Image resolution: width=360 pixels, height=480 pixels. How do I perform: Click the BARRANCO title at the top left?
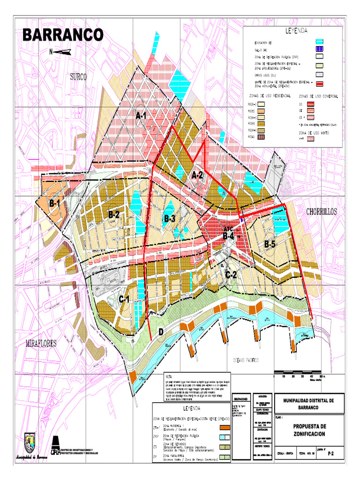[63, 35]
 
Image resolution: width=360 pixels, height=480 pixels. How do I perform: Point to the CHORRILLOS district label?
[322, 212]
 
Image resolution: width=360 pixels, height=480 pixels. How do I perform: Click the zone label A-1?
[142, 115]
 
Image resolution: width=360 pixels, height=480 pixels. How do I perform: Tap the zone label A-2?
[197, 175]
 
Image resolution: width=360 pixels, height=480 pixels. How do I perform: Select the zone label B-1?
[55, 204]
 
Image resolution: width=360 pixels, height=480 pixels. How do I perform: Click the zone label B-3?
[169, 218]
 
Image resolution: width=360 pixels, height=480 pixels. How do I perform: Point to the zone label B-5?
[270, 244]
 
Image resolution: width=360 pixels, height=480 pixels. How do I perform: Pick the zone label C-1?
[124, 299]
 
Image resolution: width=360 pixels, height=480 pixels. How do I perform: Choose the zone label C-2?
[231, 275]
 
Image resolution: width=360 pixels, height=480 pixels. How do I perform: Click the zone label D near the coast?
[161, 332]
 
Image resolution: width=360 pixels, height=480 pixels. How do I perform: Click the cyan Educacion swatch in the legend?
[320, 42]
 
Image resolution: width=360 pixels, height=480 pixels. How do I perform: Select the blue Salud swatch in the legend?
[320, 50]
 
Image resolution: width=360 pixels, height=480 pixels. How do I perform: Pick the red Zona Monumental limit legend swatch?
[320, 84]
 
